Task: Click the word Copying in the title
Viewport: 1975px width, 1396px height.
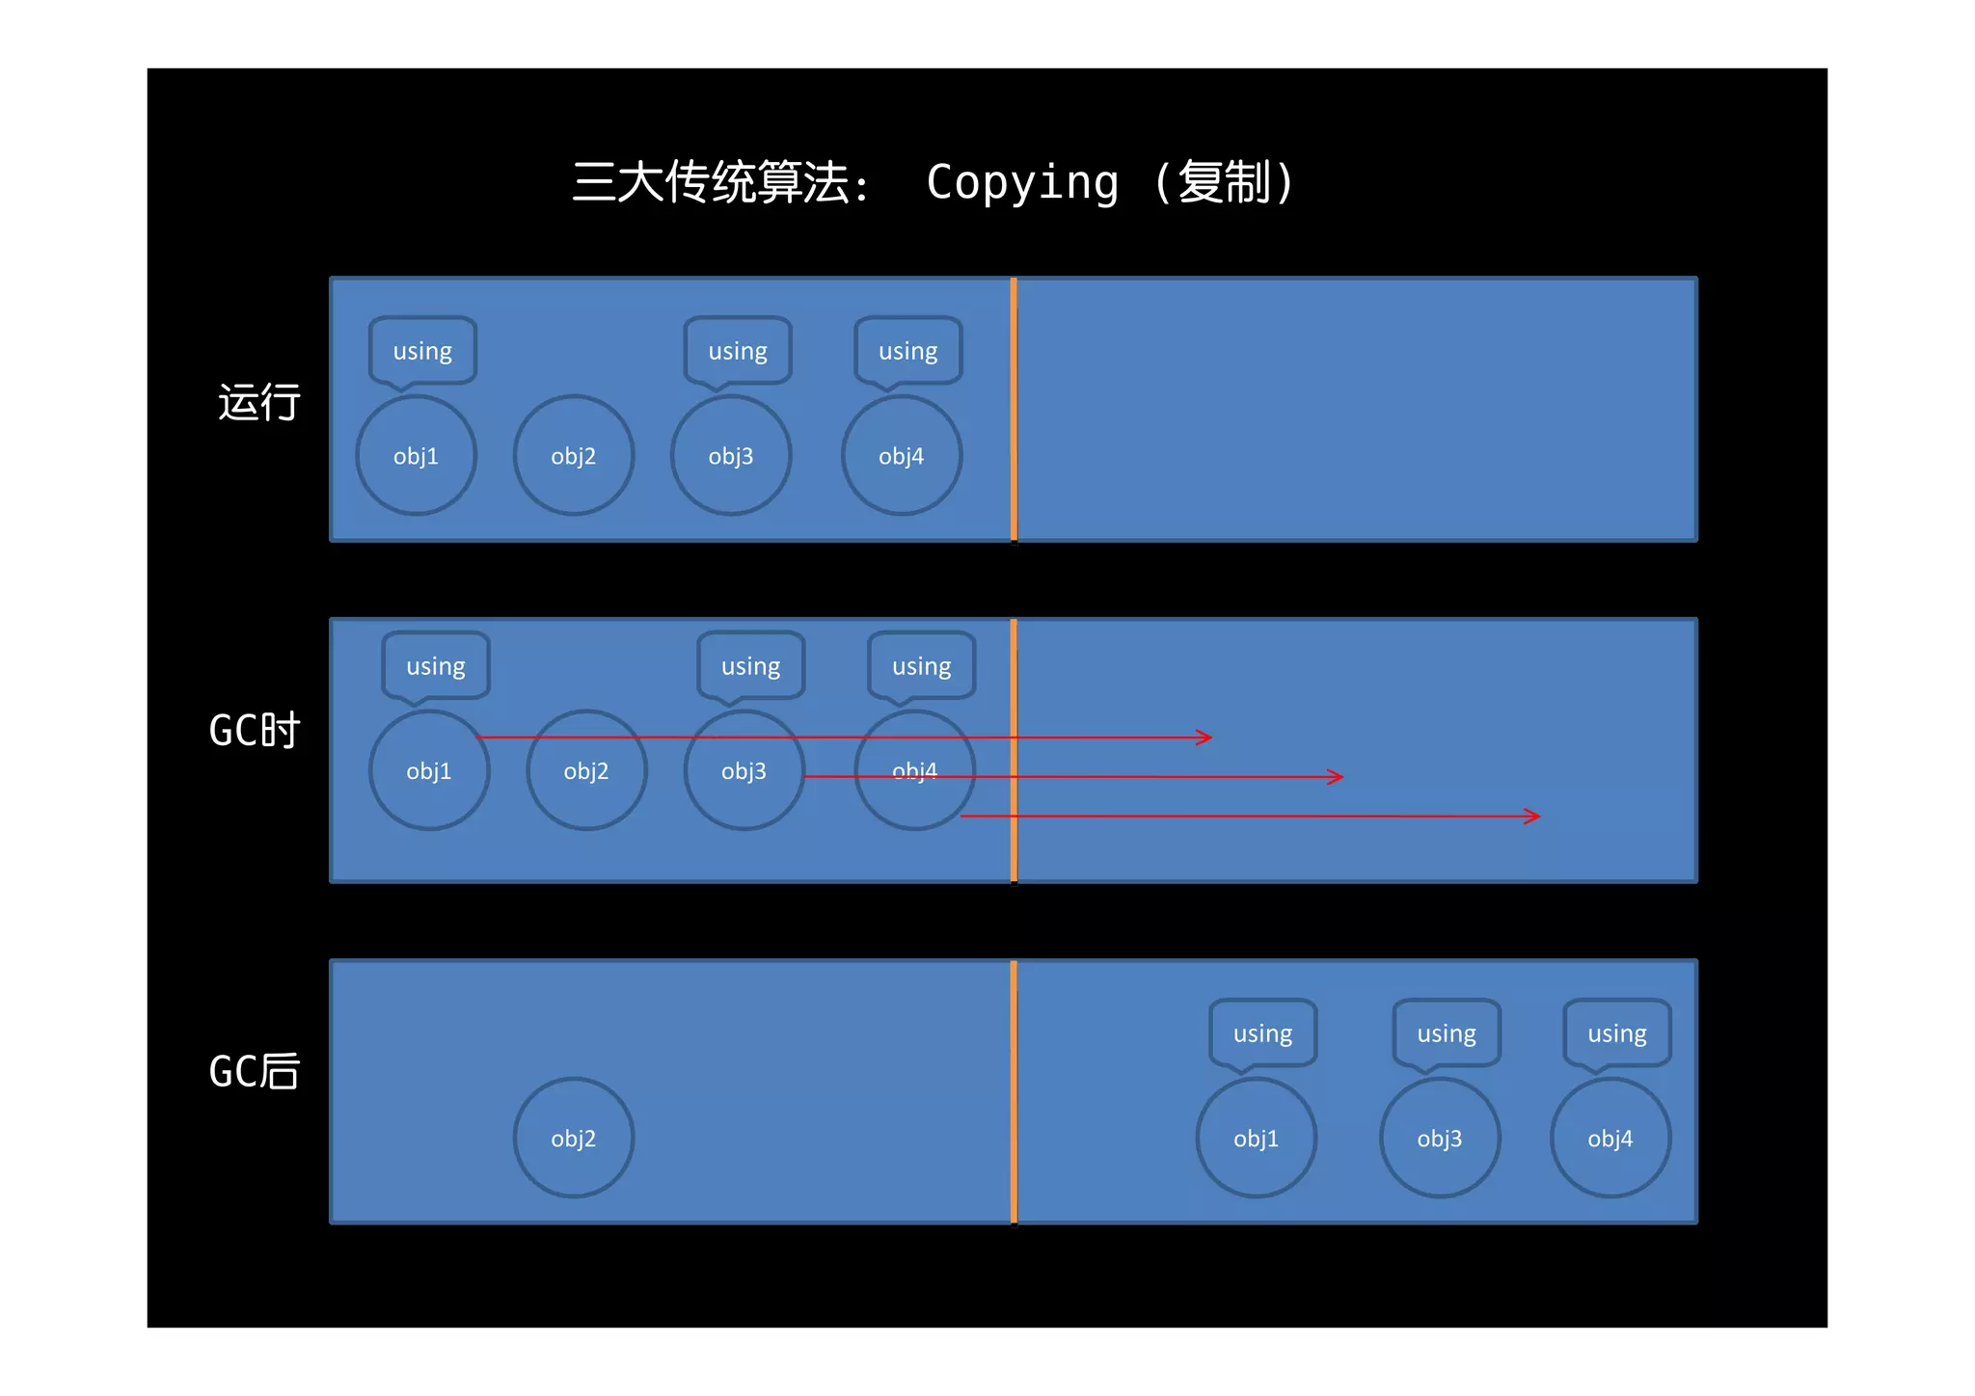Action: pos(1022,182)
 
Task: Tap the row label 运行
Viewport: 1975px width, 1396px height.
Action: pos(258,402)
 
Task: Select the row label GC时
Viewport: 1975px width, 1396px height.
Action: pos(255,730)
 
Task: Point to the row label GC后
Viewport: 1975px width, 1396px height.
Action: pos(255,1071)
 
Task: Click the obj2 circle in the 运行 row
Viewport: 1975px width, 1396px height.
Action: pos(574,455)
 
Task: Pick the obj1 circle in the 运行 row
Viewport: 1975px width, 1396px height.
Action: pos(417,455)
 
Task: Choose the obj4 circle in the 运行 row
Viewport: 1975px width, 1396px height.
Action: pos(902,455)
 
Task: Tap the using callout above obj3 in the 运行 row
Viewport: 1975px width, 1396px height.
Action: pos(738,351)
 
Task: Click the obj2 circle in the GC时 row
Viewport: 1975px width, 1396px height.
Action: pos(586,770)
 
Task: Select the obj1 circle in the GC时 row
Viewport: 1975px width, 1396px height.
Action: pos(429,770)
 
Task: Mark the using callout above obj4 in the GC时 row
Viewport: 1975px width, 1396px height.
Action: pos(921,665)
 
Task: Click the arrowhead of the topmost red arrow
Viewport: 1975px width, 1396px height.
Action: pos(1205,738)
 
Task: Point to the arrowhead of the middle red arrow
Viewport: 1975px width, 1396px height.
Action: pos(1337,777)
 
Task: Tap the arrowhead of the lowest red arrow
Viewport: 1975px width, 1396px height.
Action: pos(1533,817)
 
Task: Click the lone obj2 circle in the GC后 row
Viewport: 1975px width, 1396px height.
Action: pos(574,1138)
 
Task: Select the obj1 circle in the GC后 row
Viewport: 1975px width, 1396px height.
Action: pos(1257,1138)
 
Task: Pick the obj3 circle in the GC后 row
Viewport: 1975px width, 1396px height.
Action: pos(1440,1138)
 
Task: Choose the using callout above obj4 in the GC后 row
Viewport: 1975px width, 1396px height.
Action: pos(1617,1034)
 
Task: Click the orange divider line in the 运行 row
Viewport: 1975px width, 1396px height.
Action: pos(1014,410)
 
